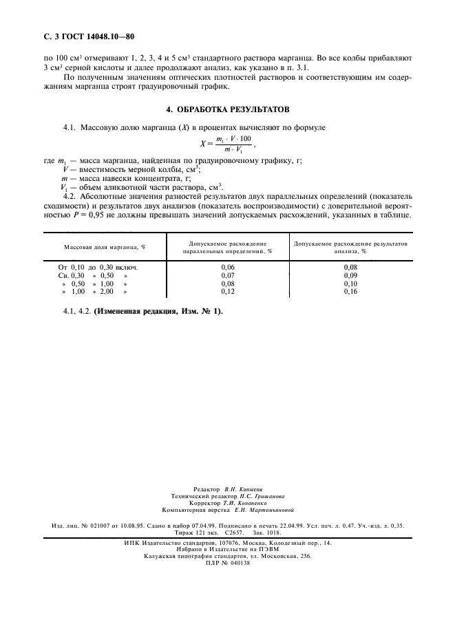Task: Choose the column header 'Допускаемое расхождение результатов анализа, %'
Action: coord(350,247)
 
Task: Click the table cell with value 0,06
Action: coord(227,266)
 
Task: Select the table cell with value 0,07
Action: coord(227,275)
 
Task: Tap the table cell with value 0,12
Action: coord(227,291)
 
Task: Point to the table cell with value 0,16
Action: coord(350,291)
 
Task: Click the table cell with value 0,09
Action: coord(350,275)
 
